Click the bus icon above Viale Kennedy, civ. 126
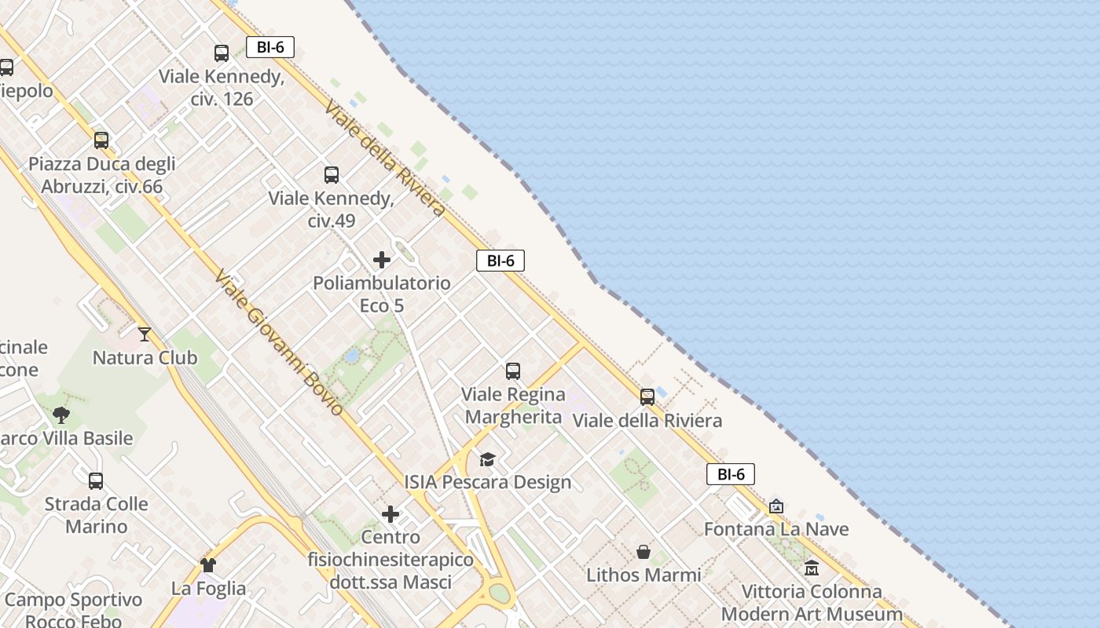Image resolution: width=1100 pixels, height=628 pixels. point(222,53)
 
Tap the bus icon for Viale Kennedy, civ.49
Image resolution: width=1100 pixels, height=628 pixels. point(332,175)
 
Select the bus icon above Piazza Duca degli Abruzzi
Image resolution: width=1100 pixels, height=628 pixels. point(101,141)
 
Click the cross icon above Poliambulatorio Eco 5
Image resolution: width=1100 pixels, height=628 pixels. point(382,260)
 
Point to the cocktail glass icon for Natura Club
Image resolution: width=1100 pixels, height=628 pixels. point(145,334)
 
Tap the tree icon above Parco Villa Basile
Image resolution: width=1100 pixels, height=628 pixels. point(61,414)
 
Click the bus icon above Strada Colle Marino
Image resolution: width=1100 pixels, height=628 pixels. point(96,480)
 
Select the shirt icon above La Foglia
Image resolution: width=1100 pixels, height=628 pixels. point(208,564)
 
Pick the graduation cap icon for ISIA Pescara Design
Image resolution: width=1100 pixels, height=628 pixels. point(488,459)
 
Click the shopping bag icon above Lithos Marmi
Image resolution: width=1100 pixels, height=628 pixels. point(643,552)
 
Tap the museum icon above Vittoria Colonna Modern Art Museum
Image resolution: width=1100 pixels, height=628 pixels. point(812,568)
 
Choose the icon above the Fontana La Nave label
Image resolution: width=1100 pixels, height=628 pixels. point(776,506)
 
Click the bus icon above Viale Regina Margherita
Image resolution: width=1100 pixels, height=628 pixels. point(513,371)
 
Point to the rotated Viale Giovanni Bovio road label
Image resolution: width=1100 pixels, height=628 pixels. point(280,342)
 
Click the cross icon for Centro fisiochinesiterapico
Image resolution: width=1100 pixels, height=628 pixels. point(390,514)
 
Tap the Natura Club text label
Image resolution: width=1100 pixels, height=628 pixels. point(145,358)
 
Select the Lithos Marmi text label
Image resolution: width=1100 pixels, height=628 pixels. point(643,575)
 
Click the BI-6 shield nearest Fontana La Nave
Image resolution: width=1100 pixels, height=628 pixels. point(731,474)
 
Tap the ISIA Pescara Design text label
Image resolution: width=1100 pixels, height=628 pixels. point(488,482)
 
